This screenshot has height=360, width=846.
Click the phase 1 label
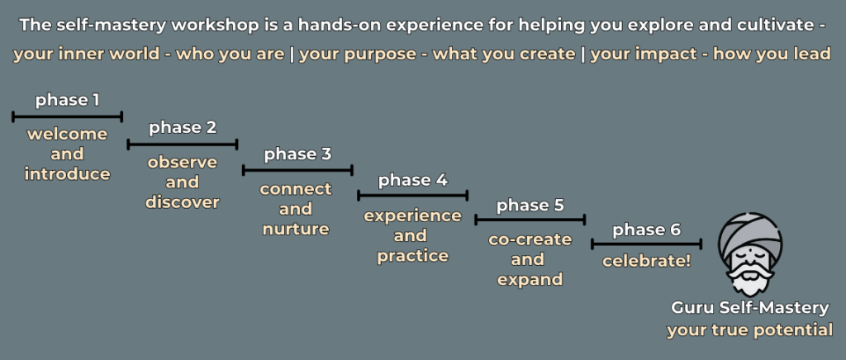click(x=68, y=101)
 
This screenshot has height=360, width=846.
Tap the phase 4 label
click(x=413, y=181)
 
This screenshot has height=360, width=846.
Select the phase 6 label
click(x=646, y=230)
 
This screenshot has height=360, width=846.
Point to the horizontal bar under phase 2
click(x=183, y=144)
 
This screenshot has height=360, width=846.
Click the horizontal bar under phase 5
click(x=530, y=220)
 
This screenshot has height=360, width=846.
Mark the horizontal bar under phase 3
click(x=297, y=170)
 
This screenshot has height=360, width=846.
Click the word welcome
click(x=68, y=135)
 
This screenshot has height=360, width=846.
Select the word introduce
click(x=68, y=174)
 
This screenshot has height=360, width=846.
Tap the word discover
click(x=183, y=202)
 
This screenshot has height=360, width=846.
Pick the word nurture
click(x=296, y=229)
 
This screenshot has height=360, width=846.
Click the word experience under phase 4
click(x=413, y=216)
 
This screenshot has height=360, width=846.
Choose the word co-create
click(x=530, y=239)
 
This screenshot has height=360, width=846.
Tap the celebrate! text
click(x=646, y=262)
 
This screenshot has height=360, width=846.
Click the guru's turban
click(x=749, y=231)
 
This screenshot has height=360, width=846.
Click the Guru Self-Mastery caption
click(x=750, y=308)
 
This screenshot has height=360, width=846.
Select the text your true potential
click(x=750, y=329)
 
